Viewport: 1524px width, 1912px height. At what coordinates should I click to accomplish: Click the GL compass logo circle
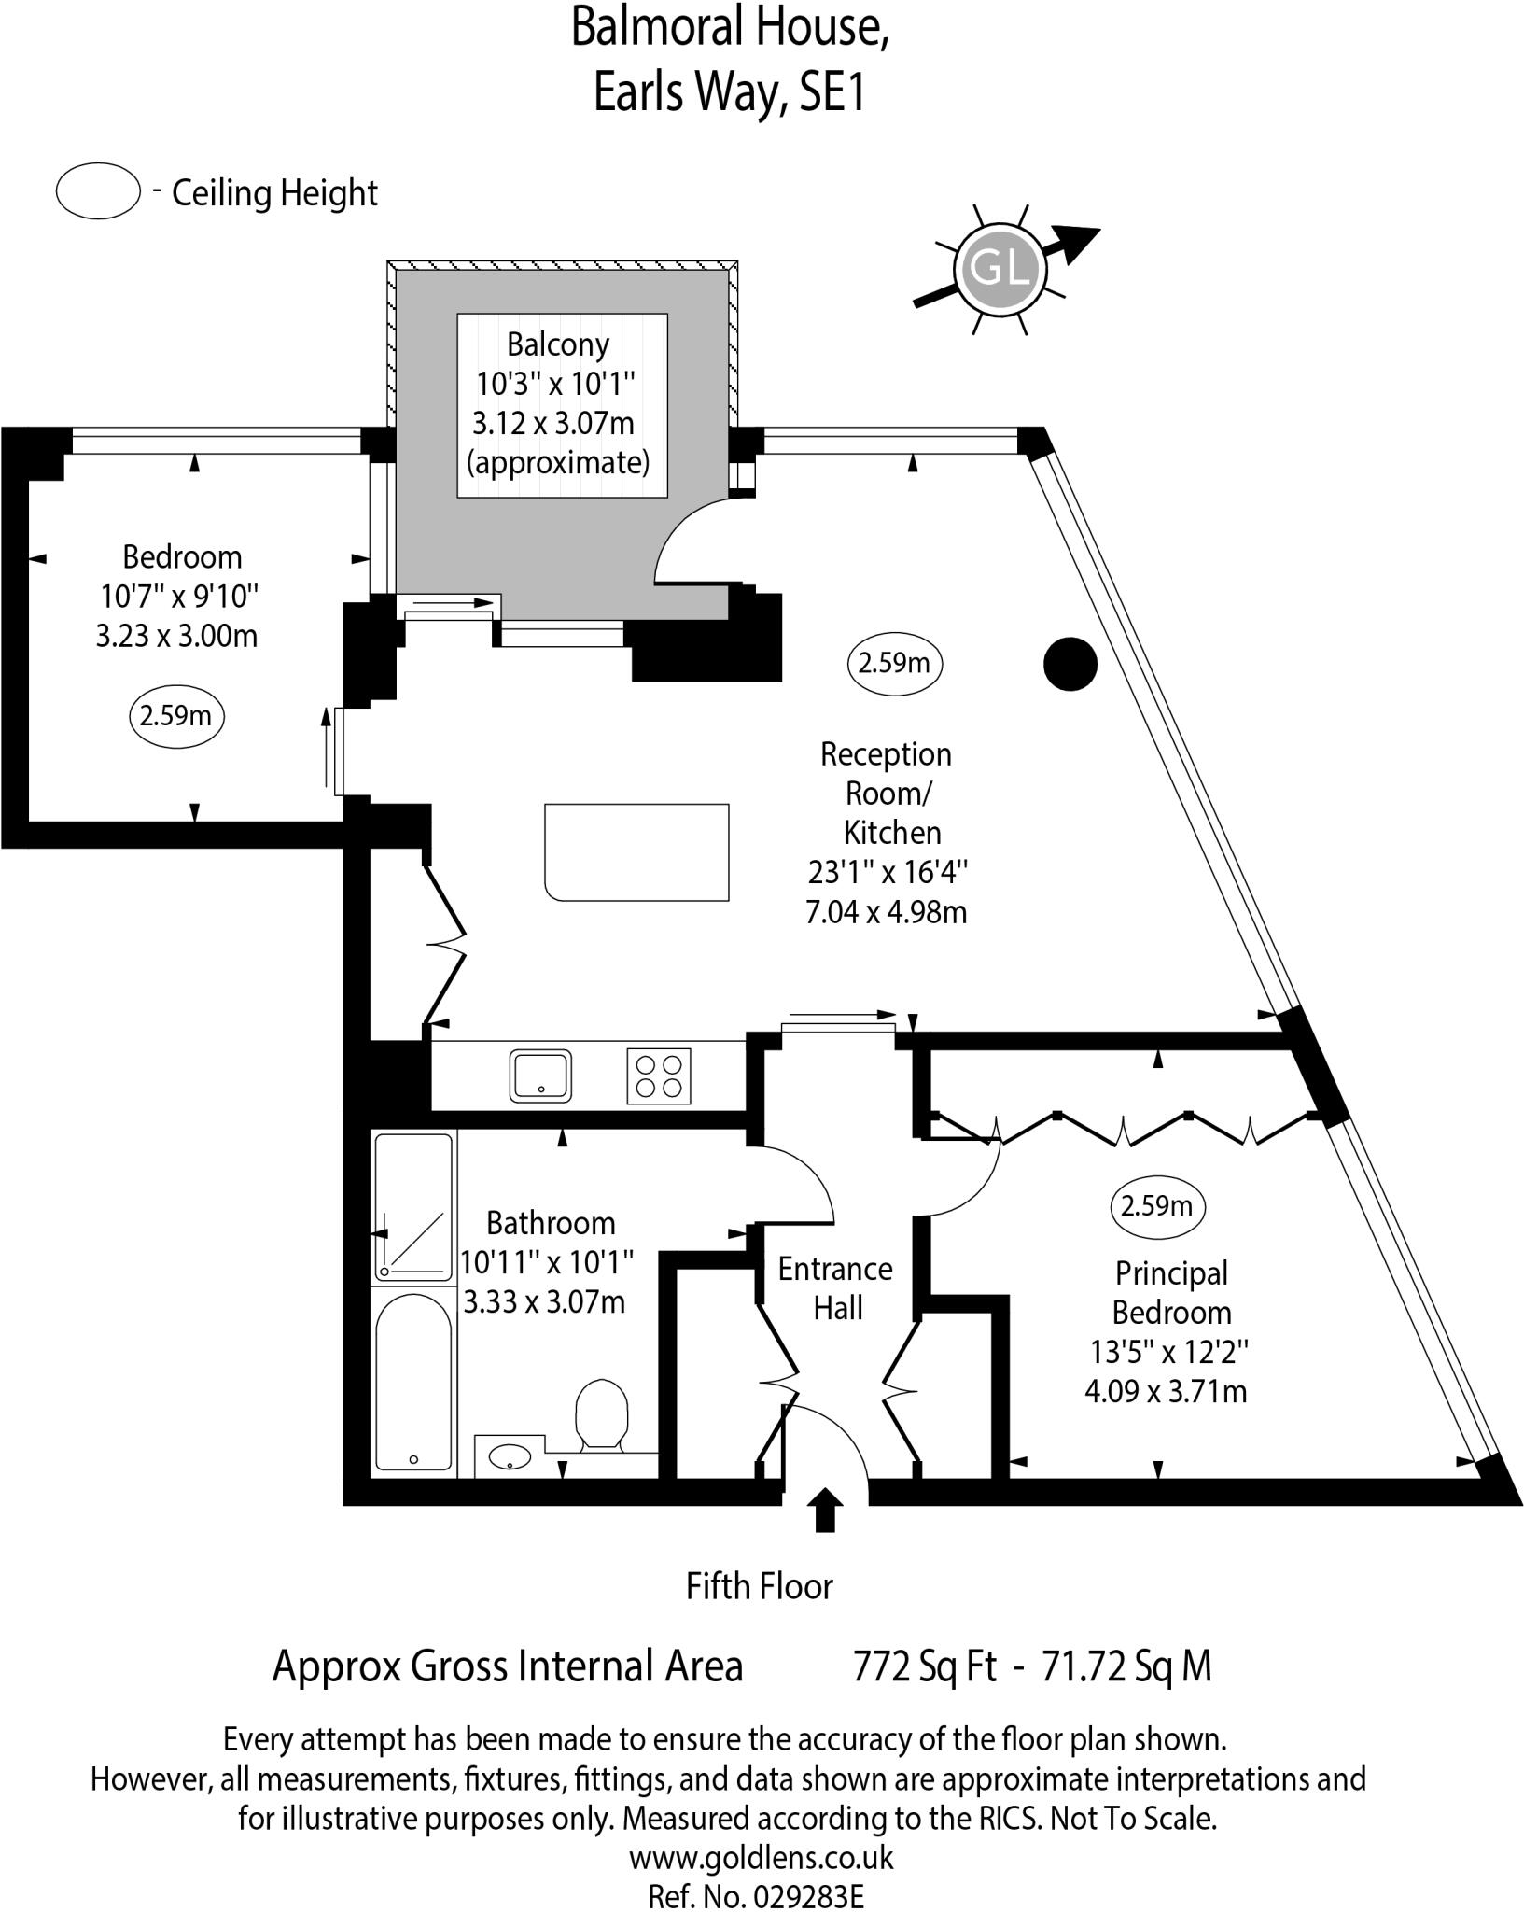[1000, 269]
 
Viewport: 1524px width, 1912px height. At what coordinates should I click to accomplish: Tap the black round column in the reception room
[1070, 664]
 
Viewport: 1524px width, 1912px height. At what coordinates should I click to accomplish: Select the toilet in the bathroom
[600, 1415]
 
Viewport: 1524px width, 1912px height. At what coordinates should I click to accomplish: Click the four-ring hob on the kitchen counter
[659, 1076]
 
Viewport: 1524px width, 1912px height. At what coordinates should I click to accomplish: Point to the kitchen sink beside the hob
[540, 1075]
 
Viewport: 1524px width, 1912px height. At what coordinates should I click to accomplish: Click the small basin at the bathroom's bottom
[510, 1456]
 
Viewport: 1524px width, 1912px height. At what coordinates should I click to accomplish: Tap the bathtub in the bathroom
[413, 1383]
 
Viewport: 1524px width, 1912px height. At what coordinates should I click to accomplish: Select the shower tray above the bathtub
[413, 1206]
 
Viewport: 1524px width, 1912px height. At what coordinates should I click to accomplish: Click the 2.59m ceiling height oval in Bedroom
[176, 717]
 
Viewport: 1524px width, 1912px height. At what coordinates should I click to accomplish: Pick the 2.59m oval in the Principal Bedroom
[1157, 1207]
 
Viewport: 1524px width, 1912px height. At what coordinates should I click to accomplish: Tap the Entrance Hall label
[835, 1288]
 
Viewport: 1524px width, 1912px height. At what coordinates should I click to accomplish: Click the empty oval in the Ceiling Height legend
[98, 191]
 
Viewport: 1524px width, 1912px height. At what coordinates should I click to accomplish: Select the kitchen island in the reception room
[636, 851]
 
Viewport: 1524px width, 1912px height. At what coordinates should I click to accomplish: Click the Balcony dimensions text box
[562, 404]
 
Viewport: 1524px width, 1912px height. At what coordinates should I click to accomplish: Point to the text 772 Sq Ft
[925, 1666]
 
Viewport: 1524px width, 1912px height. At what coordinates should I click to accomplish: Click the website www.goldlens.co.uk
[761, 1857]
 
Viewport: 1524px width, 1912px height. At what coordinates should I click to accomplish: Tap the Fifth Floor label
[759, 1586]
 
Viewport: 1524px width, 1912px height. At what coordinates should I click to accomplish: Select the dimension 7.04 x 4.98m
[886, 911]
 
